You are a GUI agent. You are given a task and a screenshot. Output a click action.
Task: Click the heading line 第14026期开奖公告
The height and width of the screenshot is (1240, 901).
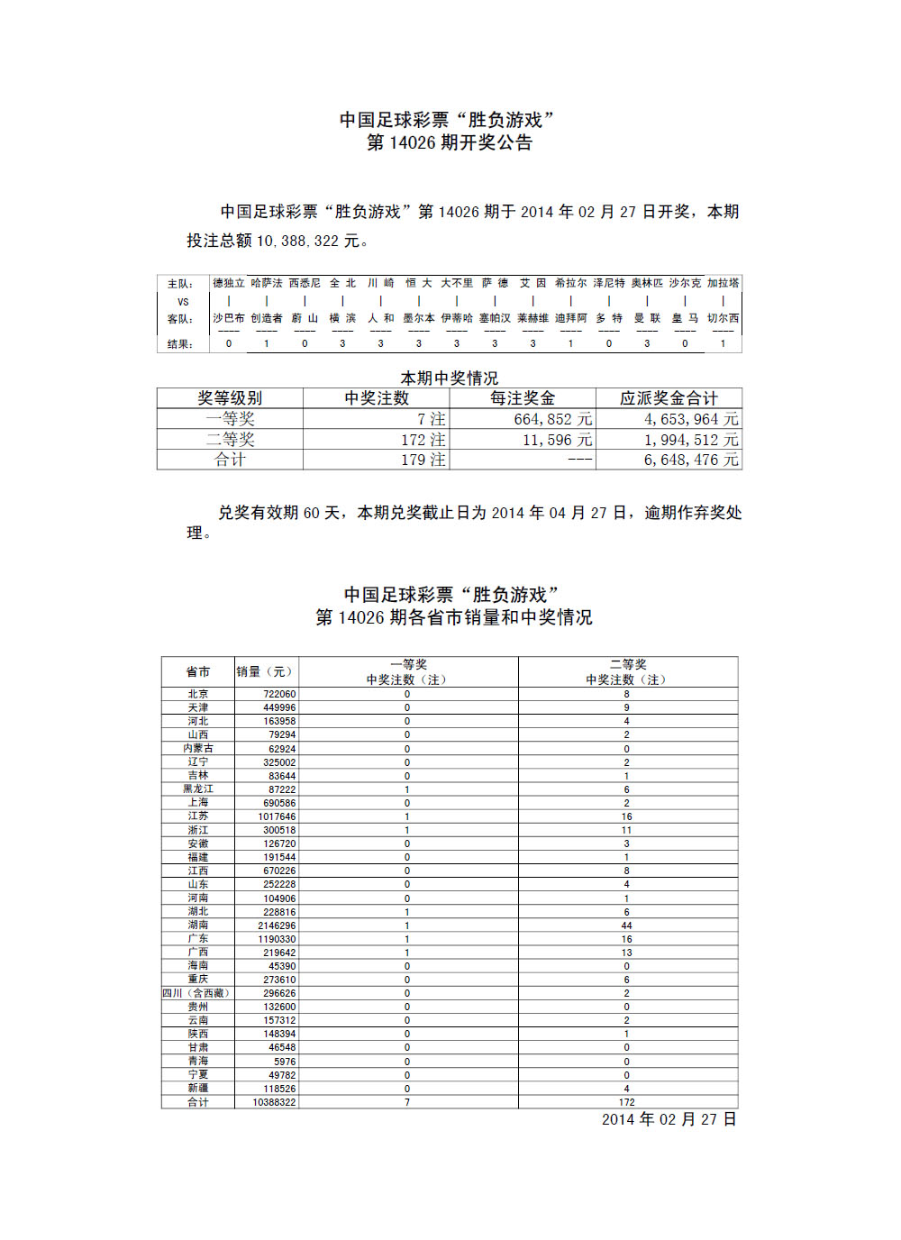(449, 142)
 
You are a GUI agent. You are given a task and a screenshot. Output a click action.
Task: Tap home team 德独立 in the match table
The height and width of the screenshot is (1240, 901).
(228, 283)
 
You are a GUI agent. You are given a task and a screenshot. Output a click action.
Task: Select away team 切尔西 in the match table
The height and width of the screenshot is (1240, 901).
(723, 318)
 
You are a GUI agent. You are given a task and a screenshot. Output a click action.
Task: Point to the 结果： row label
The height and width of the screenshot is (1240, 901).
(180, 344)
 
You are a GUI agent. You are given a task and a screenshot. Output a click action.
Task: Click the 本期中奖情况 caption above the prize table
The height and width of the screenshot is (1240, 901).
(449, 378)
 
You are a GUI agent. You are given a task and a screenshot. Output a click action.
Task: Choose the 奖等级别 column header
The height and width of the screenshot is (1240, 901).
(230, 398)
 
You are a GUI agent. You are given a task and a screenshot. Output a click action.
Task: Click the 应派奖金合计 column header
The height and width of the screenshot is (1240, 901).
(669, 398)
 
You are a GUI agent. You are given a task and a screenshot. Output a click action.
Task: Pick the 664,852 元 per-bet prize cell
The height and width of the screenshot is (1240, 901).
(552, 419)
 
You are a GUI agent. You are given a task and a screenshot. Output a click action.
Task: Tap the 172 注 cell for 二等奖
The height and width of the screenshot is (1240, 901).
(423, 440)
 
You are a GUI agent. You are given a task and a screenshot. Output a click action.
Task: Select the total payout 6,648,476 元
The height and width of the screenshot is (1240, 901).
(691, 460)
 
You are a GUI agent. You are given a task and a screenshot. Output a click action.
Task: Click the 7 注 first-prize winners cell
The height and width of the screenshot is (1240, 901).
(431, 419)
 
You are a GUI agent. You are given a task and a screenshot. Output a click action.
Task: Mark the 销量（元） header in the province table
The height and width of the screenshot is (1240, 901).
(265, 671)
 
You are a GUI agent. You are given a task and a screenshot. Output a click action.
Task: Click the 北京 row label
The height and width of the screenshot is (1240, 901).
(198, 694)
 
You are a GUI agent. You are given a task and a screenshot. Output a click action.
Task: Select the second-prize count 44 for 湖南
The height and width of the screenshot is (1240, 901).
(626, 925)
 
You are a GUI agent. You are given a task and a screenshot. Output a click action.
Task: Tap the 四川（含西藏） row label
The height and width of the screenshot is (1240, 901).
(197, 993)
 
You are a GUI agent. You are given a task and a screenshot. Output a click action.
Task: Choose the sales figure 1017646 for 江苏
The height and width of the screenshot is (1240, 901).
(277, 816)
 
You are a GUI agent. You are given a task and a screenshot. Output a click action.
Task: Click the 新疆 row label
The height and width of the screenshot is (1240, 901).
(198, 1089)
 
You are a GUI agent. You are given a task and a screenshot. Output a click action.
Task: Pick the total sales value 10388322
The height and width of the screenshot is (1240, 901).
(274, 1102)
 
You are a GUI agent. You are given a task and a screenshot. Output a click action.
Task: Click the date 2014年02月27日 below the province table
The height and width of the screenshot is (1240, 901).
(669, 1119)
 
